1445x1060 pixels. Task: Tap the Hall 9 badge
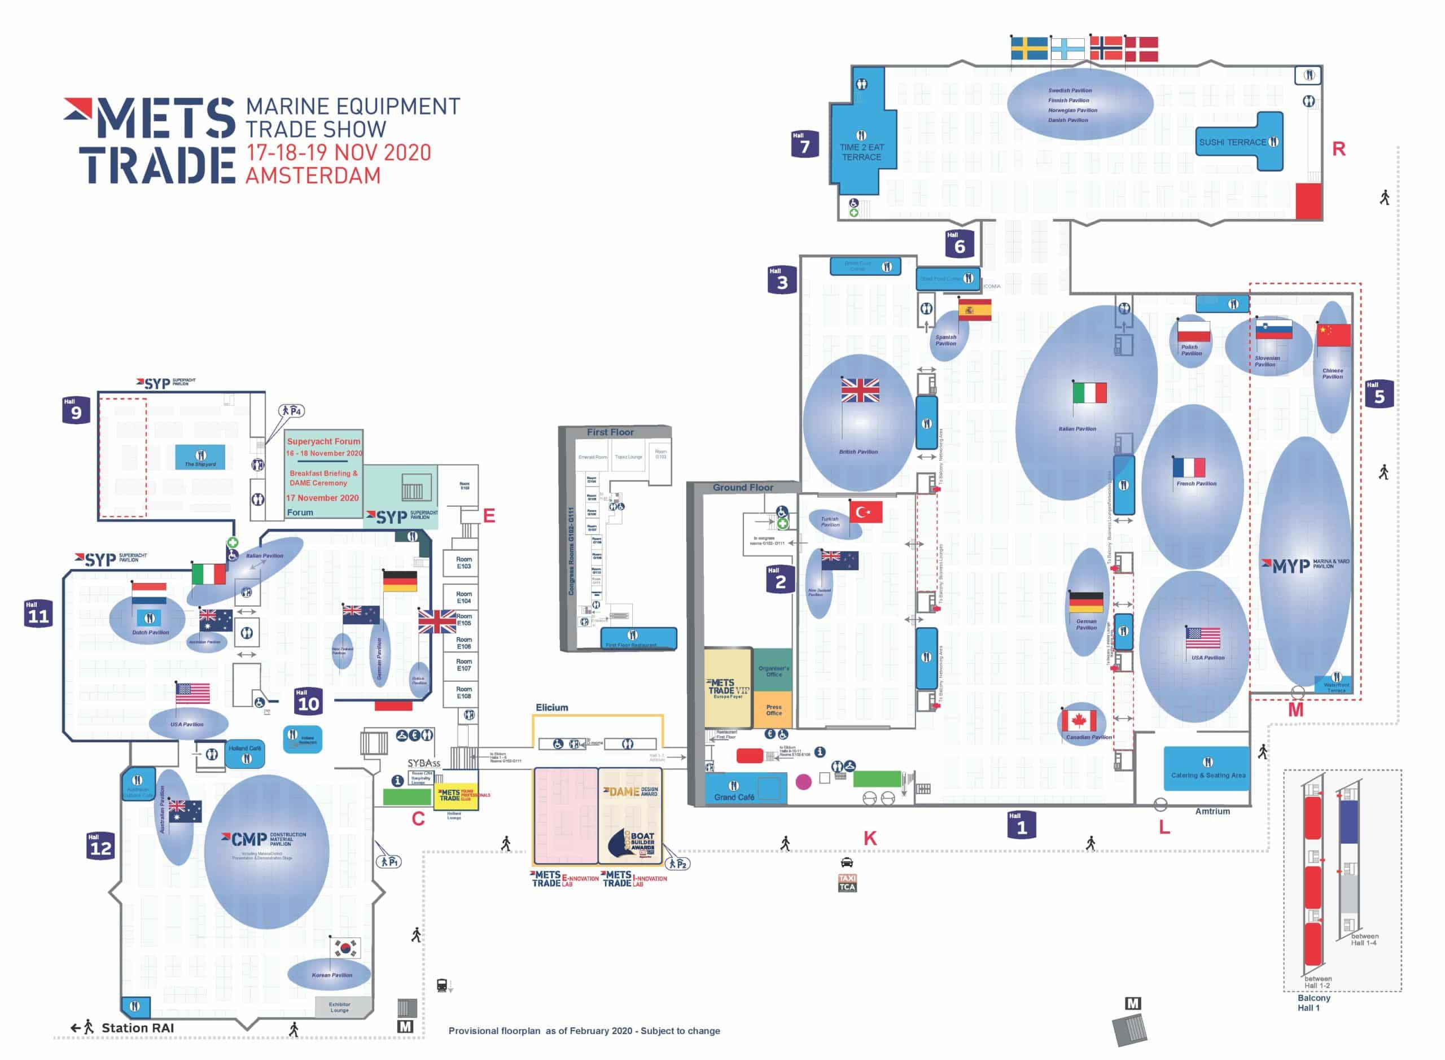pyautogui.click(x=76, y=410)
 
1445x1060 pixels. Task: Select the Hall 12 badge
pyautogui.click(x=100, y=846)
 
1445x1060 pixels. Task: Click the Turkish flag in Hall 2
pyautogui.click(x=865, y=511)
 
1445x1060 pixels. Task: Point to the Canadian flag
pyautogui.click(x=1079, y=720)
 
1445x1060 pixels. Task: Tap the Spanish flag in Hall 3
pyautogui.click(x=975, y=310)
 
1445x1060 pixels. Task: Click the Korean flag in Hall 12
pyautogui.click(x=345, y=947)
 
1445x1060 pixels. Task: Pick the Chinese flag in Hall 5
pyautogui.click(x=1333, y=335)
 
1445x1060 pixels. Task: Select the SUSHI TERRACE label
pyautogui.click(x=1233, y=142)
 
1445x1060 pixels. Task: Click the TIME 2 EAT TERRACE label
pyautogui.click(x=861, y=152)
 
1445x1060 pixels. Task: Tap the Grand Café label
pyautogui.click(x=734, y=797)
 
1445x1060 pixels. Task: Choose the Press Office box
pyautogui.click(x=774, y=709)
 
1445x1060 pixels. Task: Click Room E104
pyautogui.click(x=464, y=597)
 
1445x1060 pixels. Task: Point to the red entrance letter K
pyautogui.click(x=869, y=838)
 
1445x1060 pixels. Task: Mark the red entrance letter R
pyautogui.click(x=1338, y=149)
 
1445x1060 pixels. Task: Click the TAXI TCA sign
pyautogui.click(x=847, y=882)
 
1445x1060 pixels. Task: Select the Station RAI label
pyautogui.click(x=137, y=1028)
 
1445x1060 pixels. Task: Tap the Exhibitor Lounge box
pyautogui.click(x=340, y=1007)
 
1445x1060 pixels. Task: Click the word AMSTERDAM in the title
pyautogui.click(x=313, y=175)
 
